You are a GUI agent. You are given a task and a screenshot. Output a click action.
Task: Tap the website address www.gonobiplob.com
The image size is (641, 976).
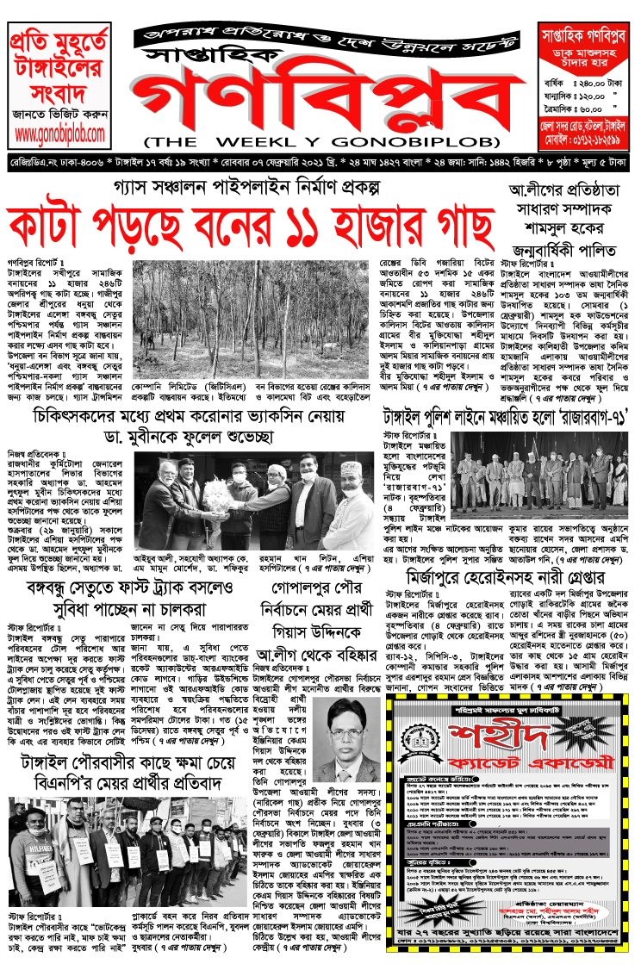pos(59,134)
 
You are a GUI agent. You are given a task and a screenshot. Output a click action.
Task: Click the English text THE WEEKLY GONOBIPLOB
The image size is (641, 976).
pos(321,140)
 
